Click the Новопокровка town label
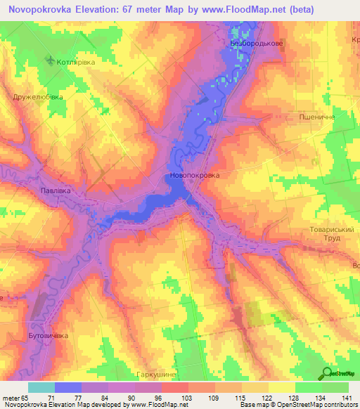pyautogui.click(x=194, y=175)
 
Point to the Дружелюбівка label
pyautogui.click(x=38, y=96)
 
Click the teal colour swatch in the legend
pyautogui.click(x=41, y=387)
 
